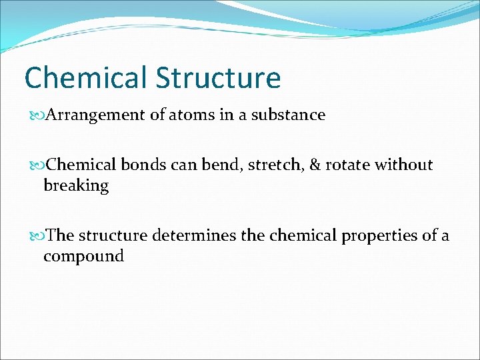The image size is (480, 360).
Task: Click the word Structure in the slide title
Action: coord(218,78)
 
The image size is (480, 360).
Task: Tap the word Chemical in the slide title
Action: coord(86,78)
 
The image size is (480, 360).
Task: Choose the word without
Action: coord(407,165)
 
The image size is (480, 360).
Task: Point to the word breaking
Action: coord(76,186)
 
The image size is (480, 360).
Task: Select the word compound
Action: coord(83,256)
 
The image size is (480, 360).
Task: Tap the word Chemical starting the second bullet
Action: coord(82,165)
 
